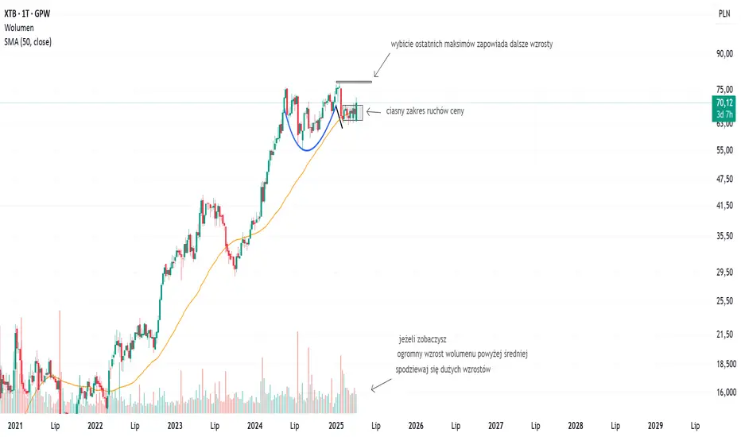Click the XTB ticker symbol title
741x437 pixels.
(x=26, y=14)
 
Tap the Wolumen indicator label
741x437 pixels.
(x=20, y=28)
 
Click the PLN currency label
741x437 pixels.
(x=724, y=14)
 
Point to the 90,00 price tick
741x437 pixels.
(x=724, y=54)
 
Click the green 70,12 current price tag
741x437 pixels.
(x=724, y=102)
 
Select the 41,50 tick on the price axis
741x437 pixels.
(x=724, y=206)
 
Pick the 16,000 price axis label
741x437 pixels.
(x=724, y=393)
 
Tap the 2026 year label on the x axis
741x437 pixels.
(x=415, y=425)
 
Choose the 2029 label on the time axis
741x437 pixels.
(x=656, y=425)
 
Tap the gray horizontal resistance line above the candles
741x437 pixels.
(x=353, y=82)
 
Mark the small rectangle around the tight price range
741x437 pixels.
(x=352, y=113)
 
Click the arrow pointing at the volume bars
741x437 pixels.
(x=381, y=385)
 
